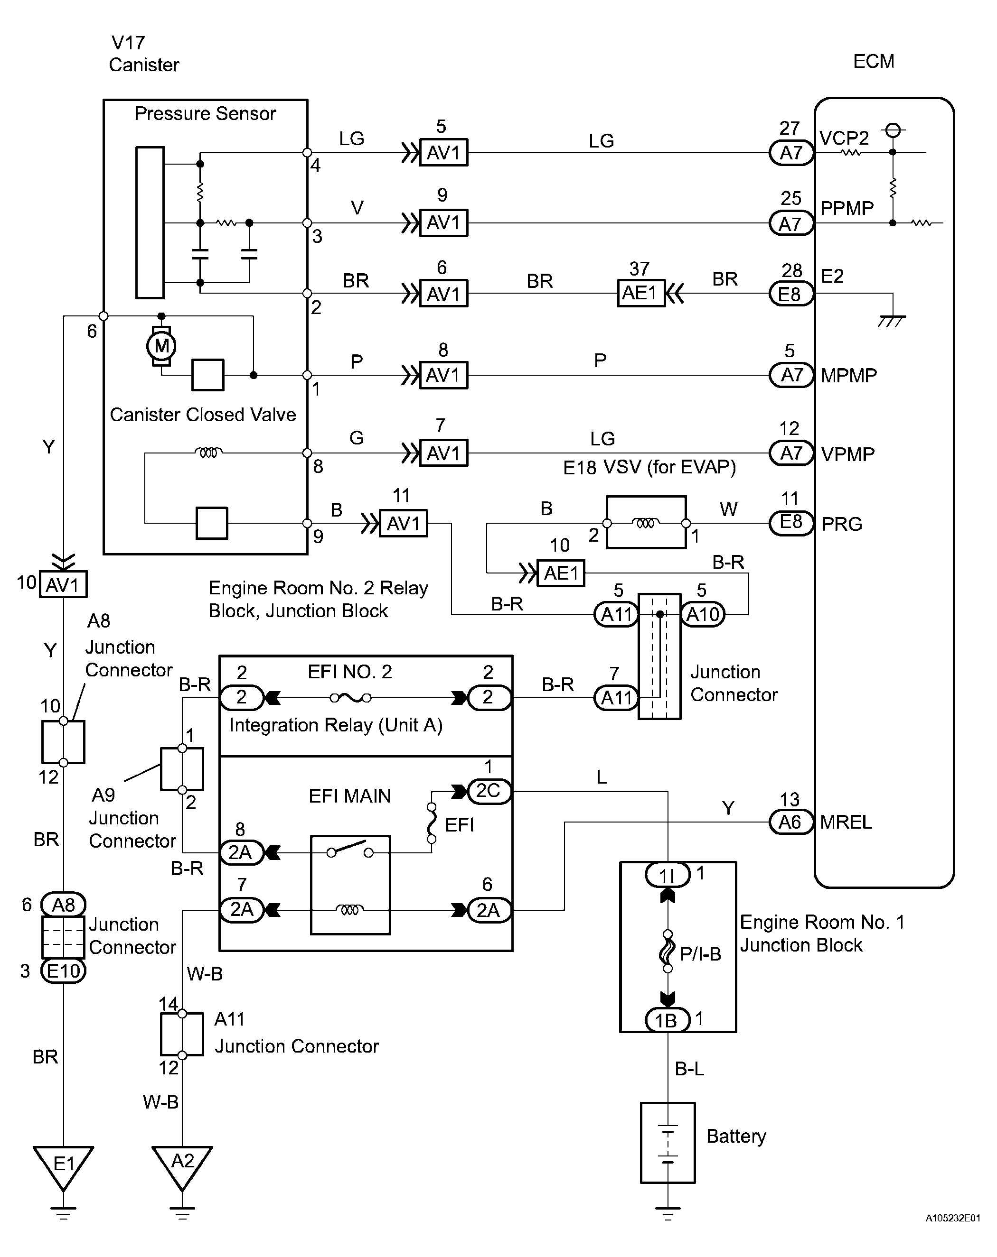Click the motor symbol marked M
pyautogui.click(x=161, y=346)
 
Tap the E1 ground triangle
pyautogui.click(x=63, y=1165)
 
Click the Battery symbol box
pyautogui.click(x=668, y=1143)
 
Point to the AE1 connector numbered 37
pyautogui.click(x=640, y=293)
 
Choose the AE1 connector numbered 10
pyautogui.click(x=560, y=573)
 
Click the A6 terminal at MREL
pyautogui.click(x=790, y=822)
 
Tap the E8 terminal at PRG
pyautogui.click(x=790, y=522)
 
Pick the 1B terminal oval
pyautogui.click(x=668, y=1020)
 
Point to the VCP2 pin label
pyautogui.click(x=844, y=138)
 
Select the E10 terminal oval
pyautogui.click(x=63, y=970)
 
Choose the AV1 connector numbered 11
pyautogui.click(x=403, y=524)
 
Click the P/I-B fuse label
pyautogui.click(x=700, y=954)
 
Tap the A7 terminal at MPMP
pyautogui.click(x=791, y=375)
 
